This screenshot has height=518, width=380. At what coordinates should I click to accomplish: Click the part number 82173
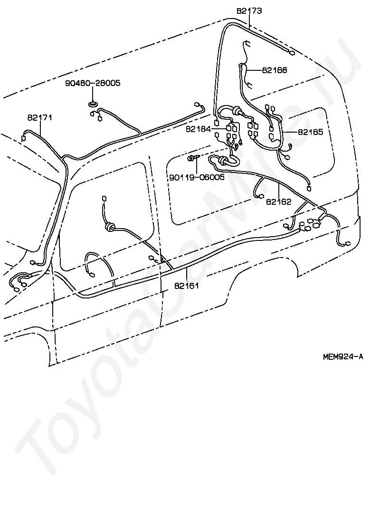(x=249, y=10)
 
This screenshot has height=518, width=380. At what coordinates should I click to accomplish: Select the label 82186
(x=274, y=70)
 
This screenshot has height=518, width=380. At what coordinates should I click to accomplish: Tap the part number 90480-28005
(x=93, y=83)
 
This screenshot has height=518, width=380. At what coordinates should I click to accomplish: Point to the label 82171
(x=39, y=117)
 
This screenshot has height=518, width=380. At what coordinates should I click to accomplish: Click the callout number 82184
(x=198, y=128)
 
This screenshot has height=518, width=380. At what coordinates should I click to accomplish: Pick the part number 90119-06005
(x=196, y=177)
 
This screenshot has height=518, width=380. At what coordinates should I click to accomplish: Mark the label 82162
(x=279, y=201)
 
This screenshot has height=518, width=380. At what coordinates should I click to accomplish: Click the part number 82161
(x=186, y=286)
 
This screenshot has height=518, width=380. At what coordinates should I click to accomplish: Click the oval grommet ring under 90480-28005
(x=94, y=103)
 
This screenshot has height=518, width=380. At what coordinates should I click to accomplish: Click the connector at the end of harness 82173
(x=292, y=53)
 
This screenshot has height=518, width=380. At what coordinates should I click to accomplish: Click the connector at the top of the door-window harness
(x=104, y=198)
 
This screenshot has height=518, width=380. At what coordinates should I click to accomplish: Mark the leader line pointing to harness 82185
(x=290, y=132)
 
